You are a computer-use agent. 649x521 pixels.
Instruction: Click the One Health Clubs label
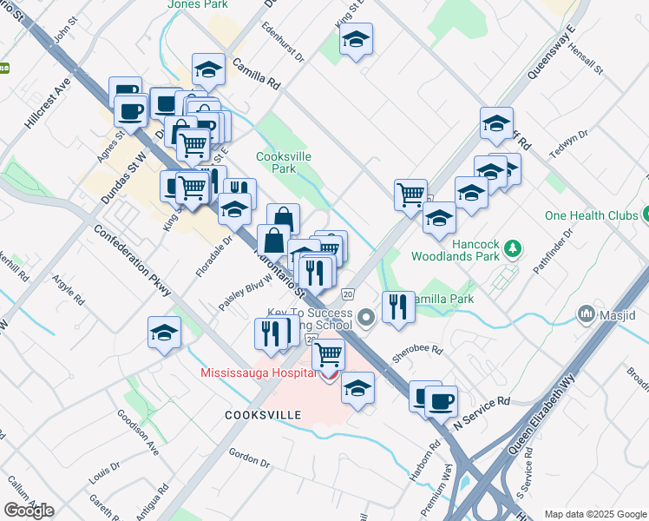(x=591, y=215)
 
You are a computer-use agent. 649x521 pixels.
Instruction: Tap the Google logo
(x=29, y=511)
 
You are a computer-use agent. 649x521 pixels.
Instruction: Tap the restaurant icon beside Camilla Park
(x=398, y=307)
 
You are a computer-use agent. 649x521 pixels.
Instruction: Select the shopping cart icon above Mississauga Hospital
(x=328, y=354)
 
